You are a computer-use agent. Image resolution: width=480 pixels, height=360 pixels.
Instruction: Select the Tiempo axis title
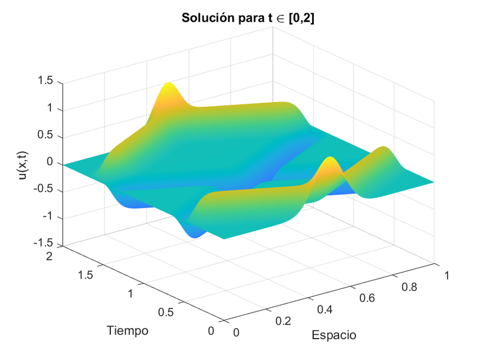click(127, 330)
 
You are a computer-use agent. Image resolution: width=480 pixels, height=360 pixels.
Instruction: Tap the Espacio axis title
click(334, 335)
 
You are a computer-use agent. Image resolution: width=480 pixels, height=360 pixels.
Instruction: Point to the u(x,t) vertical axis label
click(23, 163)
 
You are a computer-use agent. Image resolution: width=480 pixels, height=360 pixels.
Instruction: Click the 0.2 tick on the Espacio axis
click(283, 321)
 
